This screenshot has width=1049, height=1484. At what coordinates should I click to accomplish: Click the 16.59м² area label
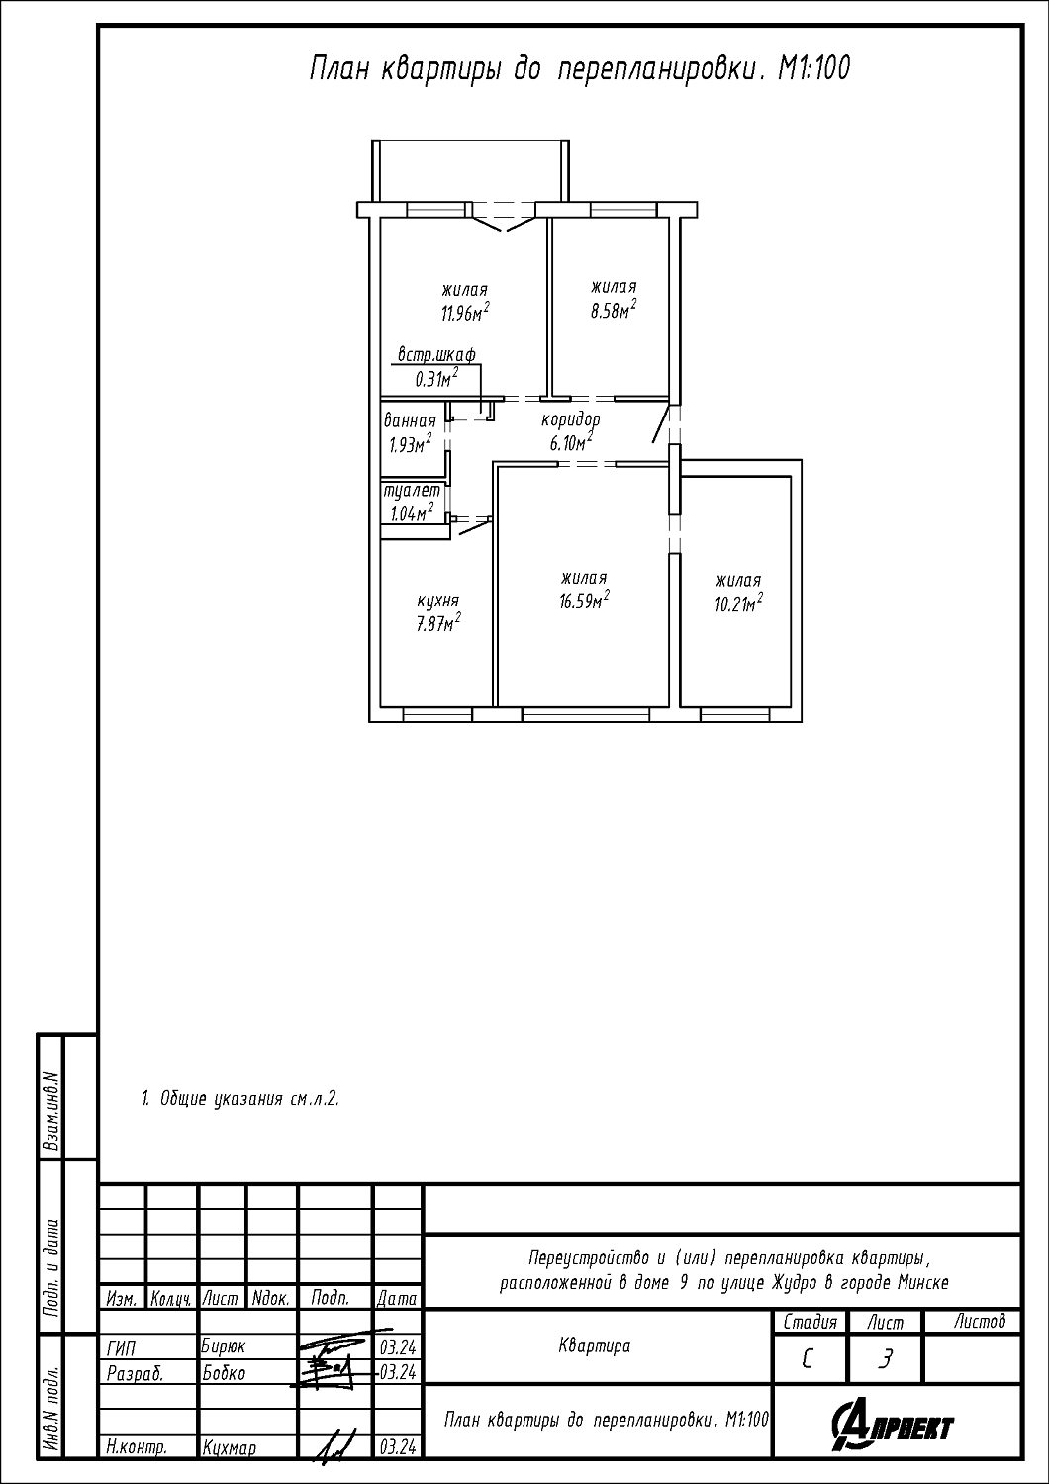click(x=584, y=601)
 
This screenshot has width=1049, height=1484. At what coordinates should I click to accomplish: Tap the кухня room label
click(x=437, y=601)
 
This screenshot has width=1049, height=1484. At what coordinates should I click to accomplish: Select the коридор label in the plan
click(x=571, y=420)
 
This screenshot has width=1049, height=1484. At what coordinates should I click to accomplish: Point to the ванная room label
click(x=410, y=421)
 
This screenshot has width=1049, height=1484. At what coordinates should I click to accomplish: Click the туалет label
click(x=412, y=491)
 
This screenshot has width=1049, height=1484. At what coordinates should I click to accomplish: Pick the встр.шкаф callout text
click(x=436, y=355)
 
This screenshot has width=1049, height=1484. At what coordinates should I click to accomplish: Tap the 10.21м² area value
click(x=738, y=603)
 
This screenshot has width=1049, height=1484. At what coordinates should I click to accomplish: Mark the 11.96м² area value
click(x=465, y=312)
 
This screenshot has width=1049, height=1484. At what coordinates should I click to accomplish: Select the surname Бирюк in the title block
click(x=224, y=1346)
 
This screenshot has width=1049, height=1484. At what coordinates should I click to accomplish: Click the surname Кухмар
click(x=230, y=1449)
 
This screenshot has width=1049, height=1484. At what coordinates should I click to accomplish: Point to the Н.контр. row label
click(x=137, y=1448)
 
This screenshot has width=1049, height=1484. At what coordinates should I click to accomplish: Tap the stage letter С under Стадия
click(x=807, y=1360)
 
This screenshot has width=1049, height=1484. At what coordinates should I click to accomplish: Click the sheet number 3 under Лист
click(x=885, y=1360)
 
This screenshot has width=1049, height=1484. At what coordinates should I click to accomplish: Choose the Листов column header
click(x=980, y=1323)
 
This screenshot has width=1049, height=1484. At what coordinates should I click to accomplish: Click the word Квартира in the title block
click(x=595, y=1346)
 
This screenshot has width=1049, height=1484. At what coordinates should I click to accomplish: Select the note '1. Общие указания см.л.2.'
click(x=240, y=1099)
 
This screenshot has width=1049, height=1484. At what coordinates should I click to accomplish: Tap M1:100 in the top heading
click(x=813, y=68)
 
